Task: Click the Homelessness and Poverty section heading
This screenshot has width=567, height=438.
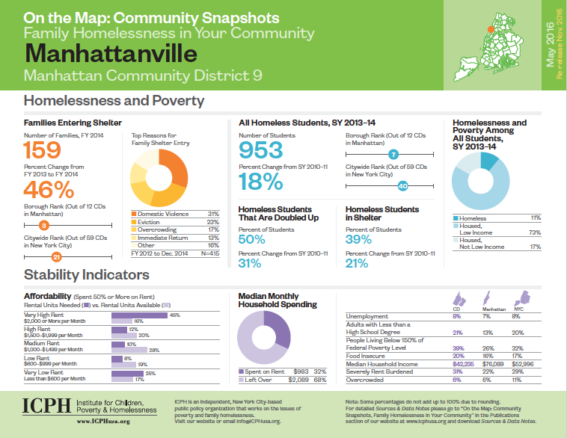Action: coord(114,100)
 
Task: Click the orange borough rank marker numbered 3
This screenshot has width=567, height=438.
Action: coord(44,224)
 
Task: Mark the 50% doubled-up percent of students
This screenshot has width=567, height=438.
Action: coord(252,239)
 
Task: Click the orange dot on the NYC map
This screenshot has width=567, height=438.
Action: coord(490,31)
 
